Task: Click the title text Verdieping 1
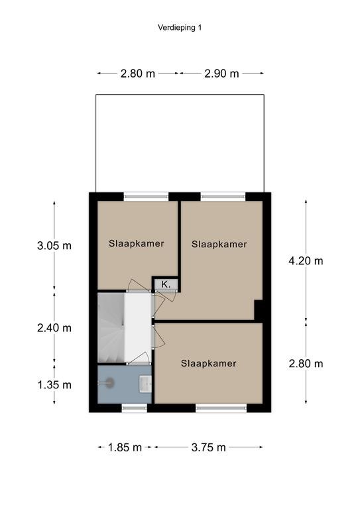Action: (x=180, y=28)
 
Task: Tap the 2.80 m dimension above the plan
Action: (x=138, y=74)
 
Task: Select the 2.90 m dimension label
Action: (x=221, y=74)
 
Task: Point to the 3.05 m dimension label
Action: (x=54, y=246)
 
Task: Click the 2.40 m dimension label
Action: (x=54, y=328)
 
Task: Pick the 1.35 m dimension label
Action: (x=54, y=385)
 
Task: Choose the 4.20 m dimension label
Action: (x=306, y=260)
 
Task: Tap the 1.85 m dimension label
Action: (x=125, y=447)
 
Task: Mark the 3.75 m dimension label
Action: (x=208, y=447)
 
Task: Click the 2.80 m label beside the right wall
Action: (x=306, y=364)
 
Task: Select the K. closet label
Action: (x=166, y=285)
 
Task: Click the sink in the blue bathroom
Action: (x=145, y=383)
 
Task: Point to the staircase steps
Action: (x=111, y=327)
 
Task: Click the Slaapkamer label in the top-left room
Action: (x=137, y=243)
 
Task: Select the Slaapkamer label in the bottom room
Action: (x=208, y=363)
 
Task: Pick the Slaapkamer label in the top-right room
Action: (x=219, y=244)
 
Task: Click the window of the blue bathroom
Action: (x=135, y=408)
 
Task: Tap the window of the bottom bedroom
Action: (x=221, y=408)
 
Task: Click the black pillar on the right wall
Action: (x=259, y=310)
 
